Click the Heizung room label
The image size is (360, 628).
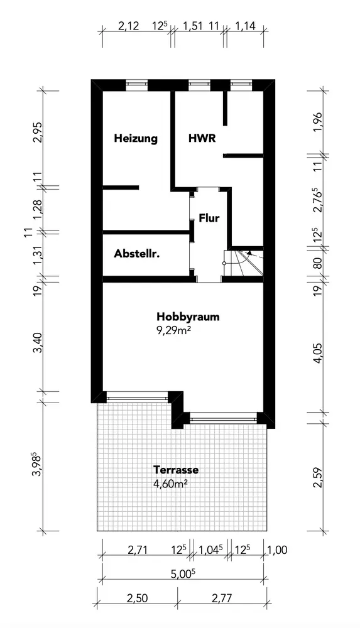coord(136,139)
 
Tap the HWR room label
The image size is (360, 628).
coord(202,138)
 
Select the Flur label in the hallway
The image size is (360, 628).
coord(209,219)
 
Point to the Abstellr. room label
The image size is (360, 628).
coord(137,254)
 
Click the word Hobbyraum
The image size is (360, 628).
coord(188,317)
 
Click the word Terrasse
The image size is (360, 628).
coord(176,469)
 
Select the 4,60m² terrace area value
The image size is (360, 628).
coord(170,484)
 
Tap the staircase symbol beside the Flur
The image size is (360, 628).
coord(243,262)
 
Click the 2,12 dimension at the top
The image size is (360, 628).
coord(128,26)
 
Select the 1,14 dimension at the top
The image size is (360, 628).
coord(246,26)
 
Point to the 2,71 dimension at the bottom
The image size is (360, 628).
coord(138,550)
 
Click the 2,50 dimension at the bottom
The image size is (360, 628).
coord(137,598)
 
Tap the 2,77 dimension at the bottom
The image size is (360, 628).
coord(221,598)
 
